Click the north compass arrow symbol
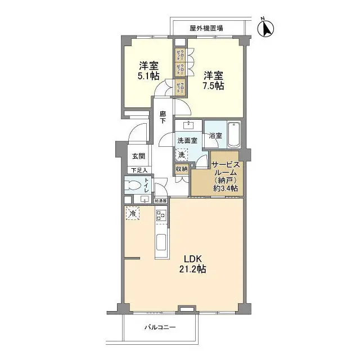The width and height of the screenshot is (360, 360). (266, 26)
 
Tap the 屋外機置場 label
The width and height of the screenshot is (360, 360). (206, 27)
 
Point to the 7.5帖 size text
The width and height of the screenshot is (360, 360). (214, 86)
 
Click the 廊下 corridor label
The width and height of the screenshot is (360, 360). (163, 117)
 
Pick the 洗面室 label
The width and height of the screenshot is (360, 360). (187, 139)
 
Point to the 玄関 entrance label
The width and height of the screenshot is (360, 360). (139, 156)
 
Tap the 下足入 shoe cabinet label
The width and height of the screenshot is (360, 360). (139, 170)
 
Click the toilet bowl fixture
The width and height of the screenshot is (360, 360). (134, 186)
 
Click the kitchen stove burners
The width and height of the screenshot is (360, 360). (160, 215)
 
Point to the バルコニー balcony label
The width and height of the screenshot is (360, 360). (160, 327)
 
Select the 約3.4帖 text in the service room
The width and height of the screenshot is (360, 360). (225, 188)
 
